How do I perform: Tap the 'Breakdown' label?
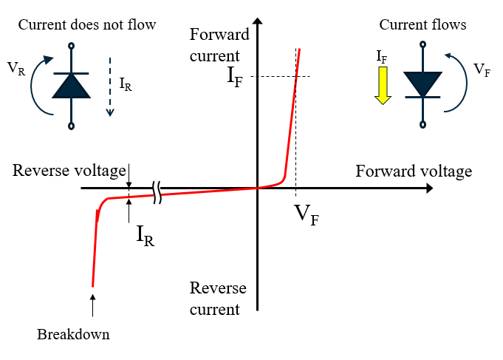pyautogui.click(x=73, y=335)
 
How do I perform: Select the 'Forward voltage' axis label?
pyautogui.click(x=413, y=172)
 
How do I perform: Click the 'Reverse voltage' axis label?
pyautogui.click(x=69, y=171)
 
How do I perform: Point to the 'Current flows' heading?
pyautogui.click(x=422, y=25)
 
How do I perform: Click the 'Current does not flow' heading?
pyautogui.click(x=87, y=25)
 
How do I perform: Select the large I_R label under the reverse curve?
pyautogui.click(x=146, y=235)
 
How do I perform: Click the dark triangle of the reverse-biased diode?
pyautogui.click(x=71, y=86)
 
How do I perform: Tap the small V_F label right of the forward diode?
pyautogui.click(x=480, y=69)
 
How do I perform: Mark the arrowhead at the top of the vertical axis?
pyautogui.click(x=258, y=18)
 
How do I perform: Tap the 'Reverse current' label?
pyautogui.click(x=218, y=298)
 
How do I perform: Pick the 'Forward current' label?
pyautogui.click(x=215, y=45)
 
